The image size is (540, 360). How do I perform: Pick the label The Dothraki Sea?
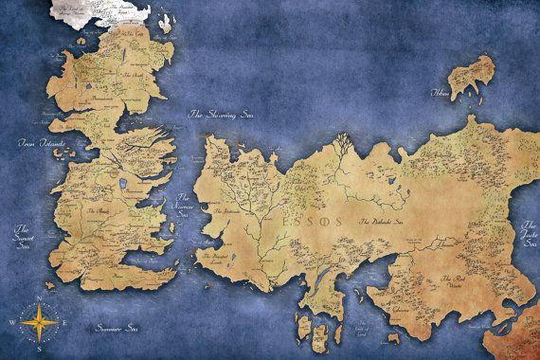pos(381,221)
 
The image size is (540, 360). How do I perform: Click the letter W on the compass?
pos(11,321)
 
